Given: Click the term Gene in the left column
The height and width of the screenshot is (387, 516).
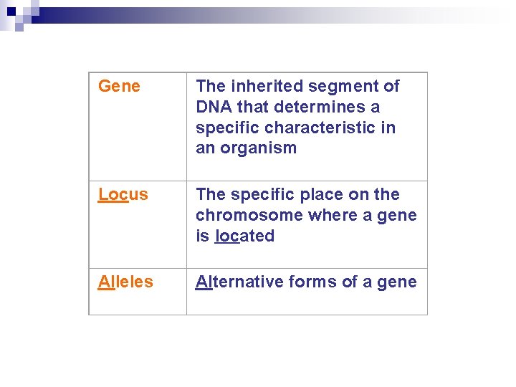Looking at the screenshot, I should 119,87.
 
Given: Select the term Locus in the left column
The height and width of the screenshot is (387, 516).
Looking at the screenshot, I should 123,195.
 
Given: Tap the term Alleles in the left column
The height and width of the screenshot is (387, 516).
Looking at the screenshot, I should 125,282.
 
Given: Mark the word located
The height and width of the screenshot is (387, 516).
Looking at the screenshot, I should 244,236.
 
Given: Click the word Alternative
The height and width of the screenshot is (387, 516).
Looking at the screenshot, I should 239,282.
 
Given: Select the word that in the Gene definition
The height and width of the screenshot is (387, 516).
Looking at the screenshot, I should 251,107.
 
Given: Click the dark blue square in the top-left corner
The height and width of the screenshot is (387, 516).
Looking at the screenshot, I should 11,11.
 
